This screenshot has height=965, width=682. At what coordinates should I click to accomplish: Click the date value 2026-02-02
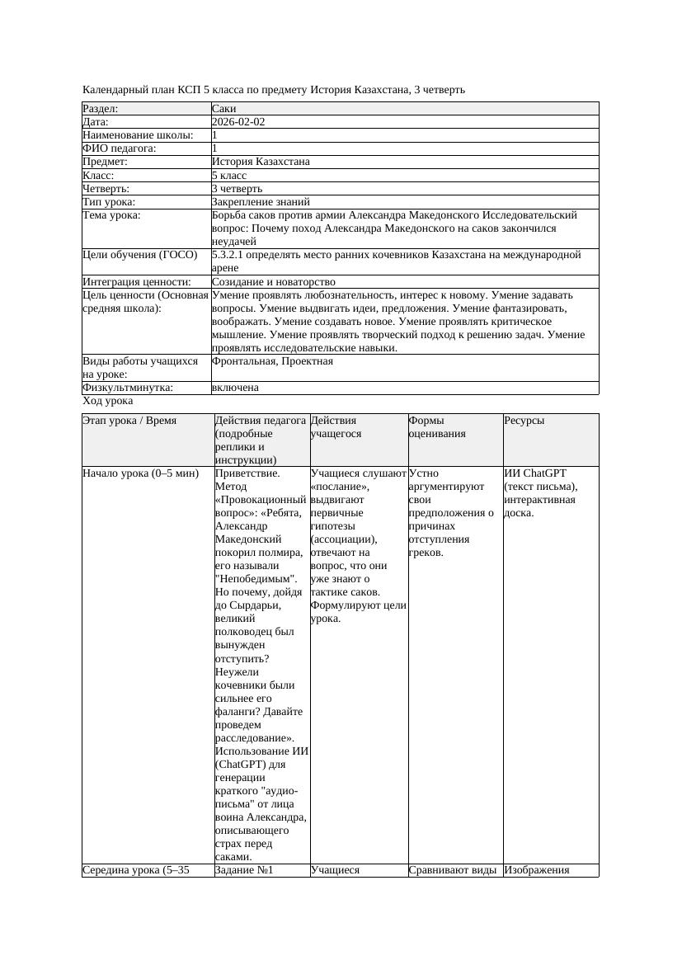[238, 122]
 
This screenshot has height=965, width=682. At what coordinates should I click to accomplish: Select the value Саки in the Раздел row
[224, 109]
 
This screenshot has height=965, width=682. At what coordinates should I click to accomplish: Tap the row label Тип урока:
[109, 202]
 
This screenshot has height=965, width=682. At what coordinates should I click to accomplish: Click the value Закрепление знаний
[261, 202]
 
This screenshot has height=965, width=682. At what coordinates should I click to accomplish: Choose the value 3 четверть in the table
[238, 189]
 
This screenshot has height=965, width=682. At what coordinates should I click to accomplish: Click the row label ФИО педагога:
[120, 148]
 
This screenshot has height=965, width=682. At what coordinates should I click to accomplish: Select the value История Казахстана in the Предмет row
[261, 162]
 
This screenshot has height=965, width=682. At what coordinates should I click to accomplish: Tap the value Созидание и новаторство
[274, 282]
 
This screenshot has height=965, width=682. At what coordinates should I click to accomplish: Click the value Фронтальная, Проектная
[272, 361]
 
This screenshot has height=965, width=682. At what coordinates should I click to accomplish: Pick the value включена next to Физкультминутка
[235, 388]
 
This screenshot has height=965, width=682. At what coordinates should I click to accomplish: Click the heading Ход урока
[108, 401]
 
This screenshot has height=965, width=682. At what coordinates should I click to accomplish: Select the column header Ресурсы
[524, 421]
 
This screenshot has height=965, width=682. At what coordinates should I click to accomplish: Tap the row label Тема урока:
[111, 215]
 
